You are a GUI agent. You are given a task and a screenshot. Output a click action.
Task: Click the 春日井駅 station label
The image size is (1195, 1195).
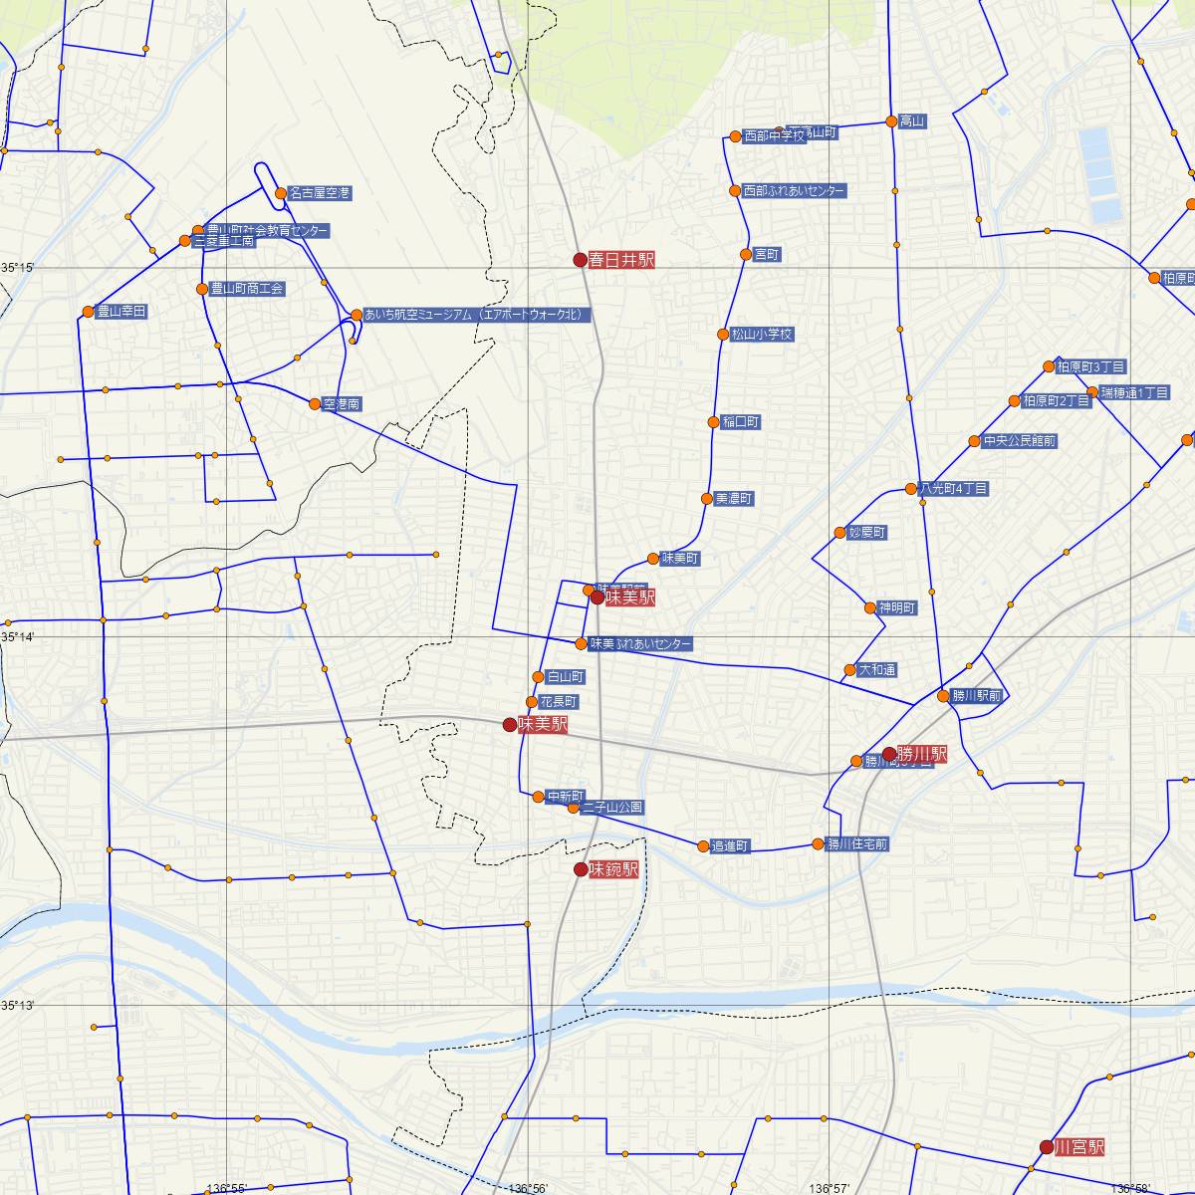(621, 260)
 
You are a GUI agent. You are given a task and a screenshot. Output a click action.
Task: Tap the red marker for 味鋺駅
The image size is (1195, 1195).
(581, 869)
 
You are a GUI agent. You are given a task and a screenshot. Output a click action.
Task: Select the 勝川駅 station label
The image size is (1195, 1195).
(921, 754)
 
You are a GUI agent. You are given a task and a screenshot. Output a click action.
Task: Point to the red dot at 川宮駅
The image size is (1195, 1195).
(1046, 1147)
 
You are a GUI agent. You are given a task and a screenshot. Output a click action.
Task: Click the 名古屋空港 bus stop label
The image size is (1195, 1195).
(319, 192)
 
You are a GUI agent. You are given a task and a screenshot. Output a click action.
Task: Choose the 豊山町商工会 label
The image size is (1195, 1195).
(247, 289)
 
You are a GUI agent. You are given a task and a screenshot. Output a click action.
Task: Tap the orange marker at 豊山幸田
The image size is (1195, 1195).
(88, 312)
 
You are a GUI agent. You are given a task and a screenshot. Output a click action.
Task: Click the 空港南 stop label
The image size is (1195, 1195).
(342, 404)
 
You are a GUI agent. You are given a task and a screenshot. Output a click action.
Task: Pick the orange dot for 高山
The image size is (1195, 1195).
(892, 121)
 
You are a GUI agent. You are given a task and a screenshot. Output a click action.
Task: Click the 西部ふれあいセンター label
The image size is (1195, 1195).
(794, 190)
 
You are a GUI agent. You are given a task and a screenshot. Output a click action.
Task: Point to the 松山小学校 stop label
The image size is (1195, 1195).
(762, 335)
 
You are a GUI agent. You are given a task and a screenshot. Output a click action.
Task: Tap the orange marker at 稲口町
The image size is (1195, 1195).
(713, 422)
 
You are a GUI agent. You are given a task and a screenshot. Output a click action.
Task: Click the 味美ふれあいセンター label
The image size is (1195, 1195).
(640, 644)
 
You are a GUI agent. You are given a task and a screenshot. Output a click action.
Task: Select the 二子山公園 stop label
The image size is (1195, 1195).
(612, 807)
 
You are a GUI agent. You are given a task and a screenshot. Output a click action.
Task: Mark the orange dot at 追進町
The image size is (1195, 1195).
(703, 845)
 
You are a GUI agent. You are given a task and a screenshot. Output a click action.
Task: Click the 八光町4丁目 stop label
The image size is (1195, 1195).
(954, 489)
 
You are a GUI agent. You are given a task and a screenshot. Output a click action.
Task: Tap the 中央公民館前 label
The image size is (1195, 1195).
(1019, 440)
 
